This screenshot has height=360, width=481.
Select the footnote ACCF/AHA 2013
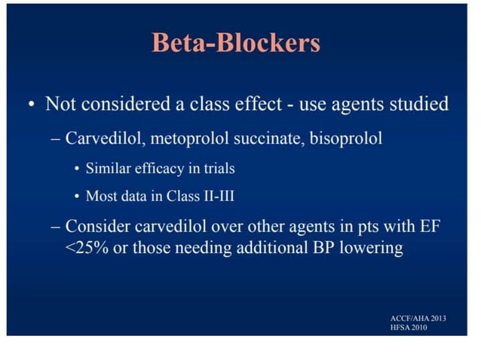(x=418, y=319)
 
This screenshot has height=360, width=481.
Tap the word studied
(x=419, y=103)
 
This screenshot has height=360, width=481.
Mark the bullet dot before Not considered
(x=29, y=104)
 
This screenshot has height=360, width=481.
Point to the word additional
(x=275, y=247)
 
